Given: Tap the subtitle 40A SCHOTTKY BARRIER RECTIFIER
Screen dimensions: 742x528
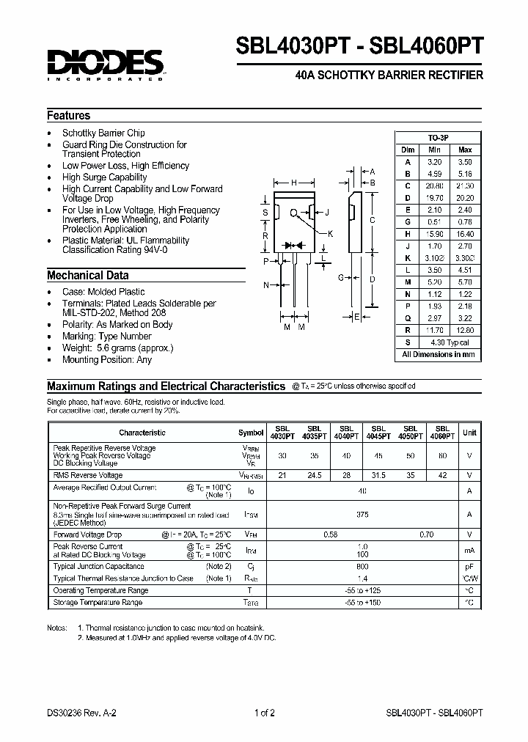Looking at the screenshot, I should pyautogui.click(x=388, y=76).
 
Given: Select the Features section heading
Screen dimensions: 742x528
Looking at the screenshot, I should pyautogui.click(x=69, y=116).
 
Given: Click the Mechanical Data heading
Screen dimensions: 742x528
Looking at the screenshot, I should pyautogui.click(x=87, y=276).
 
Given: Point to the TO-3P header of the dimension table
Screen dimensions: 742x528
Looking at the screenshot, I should pyautogui.click(x=439, y=138).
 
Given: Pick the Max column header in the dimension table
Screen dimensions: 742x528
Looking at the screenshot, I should pyautogui.click(x=464, y=150).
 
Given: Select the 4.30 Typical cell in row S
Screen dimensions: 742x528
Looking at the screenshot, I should pyautogui.click(x=450, y=342).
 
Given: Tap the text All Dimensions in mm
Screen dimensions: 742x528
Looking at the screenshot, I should pyautogui.click(x=439, y=355).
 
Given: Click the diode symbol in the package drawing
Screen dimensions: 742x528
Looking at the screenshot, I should pyautogui.click(x=294, y=244).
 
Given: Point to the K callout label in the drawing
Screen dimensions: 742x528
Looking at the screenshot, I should pyautogui.click(x=330, y=233).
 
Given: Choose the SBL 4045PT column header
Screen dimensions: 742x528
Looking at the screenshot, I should pyautogui.click(x=378, y=433).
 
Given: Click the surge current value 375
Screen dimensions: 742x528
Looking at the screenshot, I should pyautogui.click(x=362, y=515).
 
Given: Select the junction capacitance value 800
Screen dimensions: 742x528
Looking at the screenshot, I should pyautogui.click(x=362, y=567).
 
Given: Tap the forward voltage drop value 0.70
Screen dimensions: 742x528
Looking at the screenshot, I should pyautogui.click(x=426, y=535).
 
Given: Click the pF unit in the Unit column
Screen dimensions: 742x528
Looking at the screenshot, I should pyautogui.click(x=469, y=567).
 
